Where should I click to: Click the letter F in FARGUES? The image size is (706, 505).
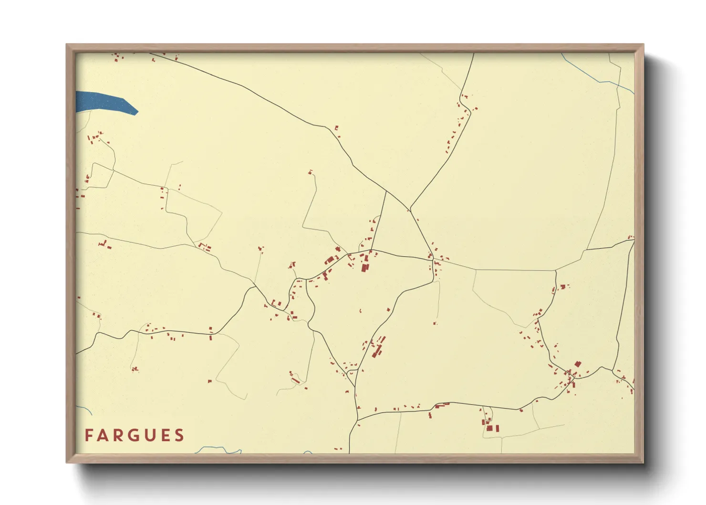[89, 435]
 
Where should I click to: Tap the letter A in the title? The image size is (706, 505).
[104, 435]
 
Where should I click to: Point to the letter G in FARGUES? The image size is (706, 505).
[135, 435]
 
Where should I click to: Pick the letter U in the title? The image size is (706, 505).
[150, 435]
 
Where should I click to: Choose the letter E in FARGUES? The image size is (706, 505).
[165, 435]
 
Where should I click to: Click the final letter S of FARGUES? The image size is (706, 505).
[179, 435]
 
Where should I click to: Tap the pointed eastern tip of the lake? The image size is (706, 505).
[137, 112]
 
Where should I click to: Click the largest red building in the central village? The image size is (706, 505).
[365, 266]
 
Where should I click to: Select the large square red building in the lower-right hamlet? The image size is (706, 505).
[489, 428]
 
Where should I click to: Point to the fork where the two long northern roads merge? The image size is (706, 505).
[409, 209]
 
